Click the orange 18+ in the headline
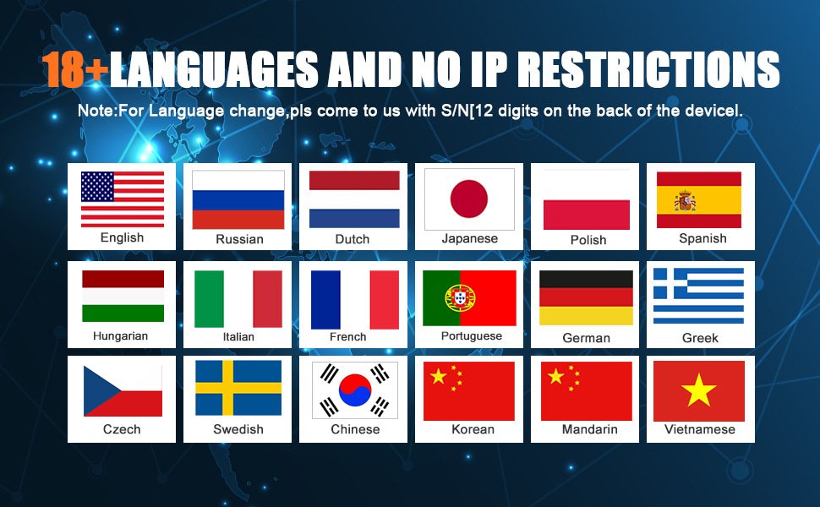[75, 69]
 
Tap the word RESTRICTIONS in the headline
[652, 69]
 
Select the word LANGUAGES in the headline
[215, 69]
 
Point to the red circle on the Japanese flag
[469, 199]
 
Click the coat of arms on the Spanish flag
[685, 201]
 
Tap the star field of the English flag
[97, 187]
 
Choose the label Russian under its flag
[239, 239]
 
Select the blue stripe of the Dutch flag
[354, 219]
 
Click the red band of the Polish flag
[586, 215]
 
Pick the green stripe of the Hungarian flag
[123, 313]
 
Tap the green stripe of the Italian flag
[209, 299]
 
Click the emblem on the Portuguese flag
[460, 298]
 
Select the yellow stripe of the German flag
[586, 316]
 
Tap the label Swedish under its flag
[238, 429]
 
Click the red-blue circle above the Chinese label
[355, 390]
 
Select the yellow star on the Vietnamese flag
[698, 390]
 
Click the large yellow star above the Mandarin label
[555, 376]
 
